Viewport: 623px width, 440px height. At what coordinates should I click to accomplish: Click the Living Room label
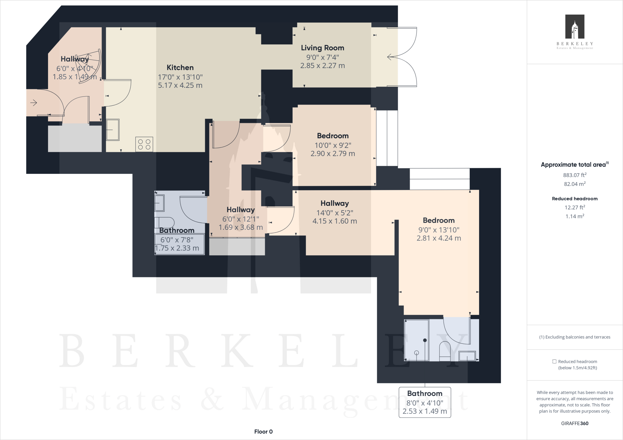(x=322, y=48)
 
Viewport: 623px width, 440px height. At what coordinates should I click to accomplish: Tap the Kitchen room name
(x=180, y=67)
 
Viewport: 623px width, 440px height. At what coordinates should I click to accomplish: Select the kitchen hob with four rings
(x=144, y=144)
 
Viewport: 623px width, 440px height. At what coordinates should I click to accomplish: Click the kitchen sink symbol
(x=113, y=130)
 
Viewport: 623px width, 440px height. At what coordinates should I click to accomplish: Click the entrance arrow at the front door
(x=33, y=103)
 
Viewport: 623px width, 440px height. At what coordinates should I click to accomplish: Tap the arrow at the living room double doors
(x=391, y=57)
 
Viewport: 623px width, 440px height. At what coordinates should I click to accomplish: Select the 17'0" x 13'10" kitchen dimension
(x=180, y=77)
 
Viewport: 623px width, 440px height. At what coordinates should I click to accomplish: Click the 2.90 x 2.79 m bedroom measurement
(x=332, y=154)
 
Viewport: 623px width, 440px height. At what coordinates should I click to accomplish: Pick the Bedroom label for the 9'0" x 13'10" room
(x=439, y=220)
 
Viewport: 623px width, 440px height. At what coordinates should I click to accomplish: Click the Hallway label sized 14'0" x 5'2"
(x=335, y=203)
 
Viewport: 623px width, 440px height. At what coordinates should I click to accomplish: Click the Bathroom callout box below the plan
(x=425, y=402)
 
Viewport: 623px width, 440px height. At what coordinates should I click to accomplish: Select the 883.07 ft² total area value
(x=575, y=175)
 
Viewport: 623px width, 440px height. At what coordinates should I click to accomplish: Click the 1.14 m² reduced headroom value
(x=575, y=216)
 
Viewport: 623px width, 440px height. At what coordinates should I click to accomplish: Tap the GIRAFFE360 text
(x=575, y=423)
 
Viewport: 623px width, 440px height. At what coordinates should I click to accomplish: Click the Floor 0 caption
(x=263, y=431)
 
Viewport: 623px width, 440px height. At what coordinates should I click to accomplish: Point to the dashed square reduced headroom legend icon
(x=554, y=362)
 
